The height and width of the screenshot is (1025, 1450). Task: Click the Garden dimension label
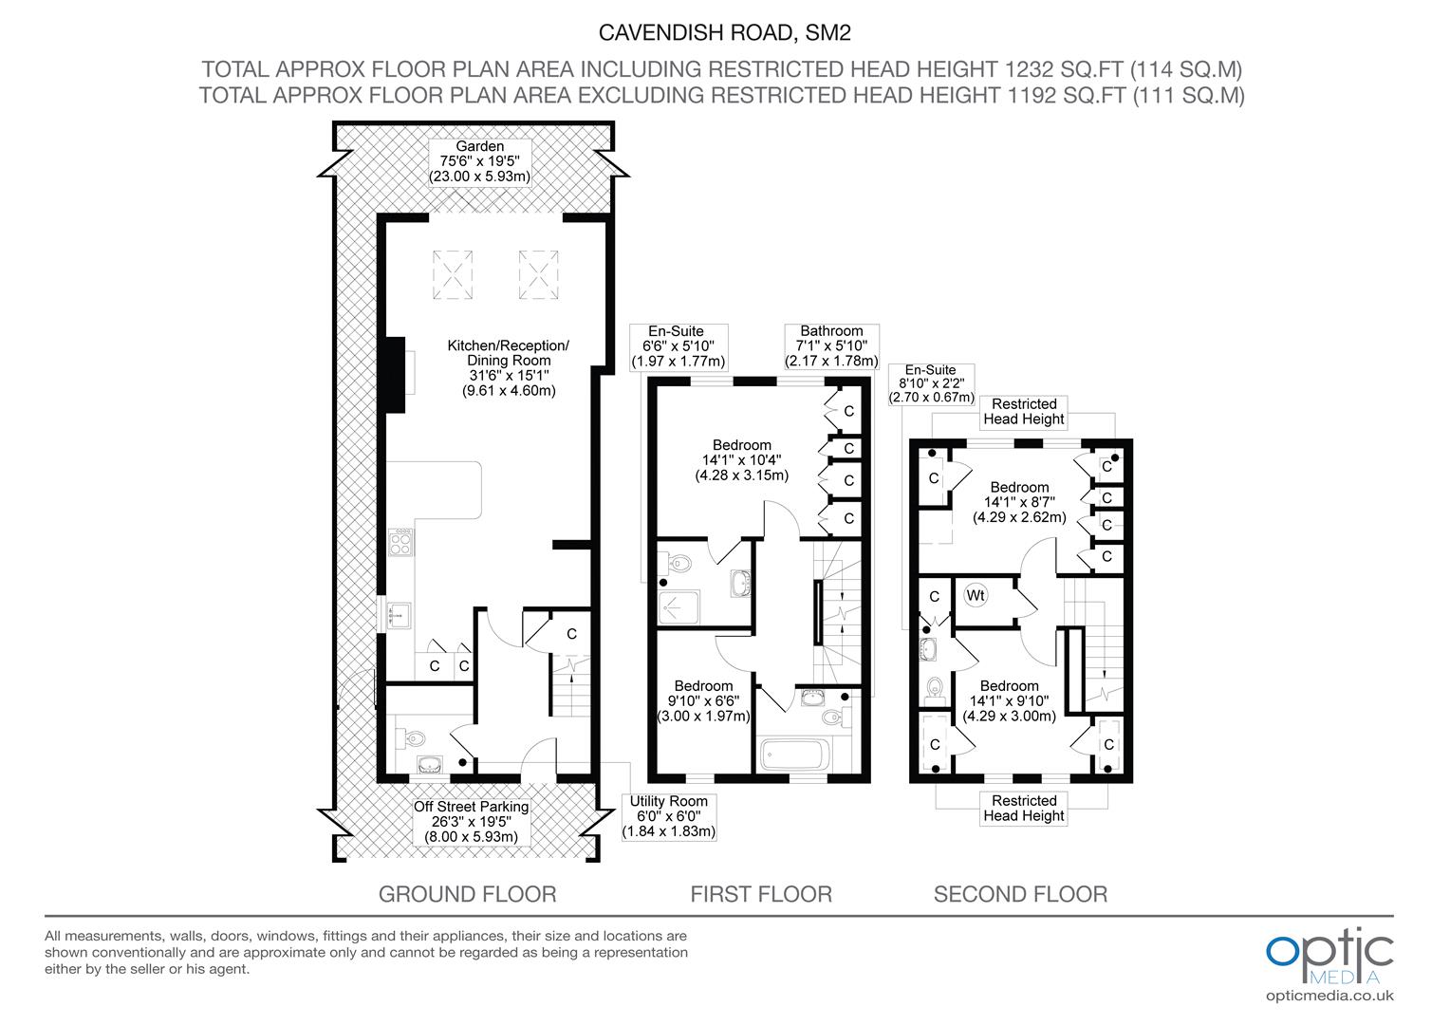tap(479, 162)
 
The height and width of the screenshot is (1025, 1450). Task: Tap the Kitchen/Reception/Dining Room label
tap(509, 368)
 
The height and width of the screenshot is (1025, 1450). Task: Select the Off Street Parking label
tap(472, 822)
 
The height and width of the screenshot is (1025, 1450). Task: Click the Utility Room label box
tap(669, 816)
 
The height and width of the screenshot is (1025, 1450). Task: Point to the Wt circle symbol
tap(976, 595)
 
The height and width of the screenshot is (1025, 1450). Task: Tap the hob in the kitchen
tap(400, 542)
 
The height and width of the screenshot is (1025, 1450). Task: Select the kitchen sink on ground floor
tap(399, 615)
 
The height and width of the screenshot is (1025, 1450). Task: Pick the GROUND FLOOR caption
tap(468, 894)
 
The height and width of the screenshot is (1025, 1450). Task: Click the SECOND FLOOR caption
tap(1020, 894)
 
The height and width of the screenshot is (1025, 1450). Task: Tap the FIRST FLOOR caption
tap(761, 894)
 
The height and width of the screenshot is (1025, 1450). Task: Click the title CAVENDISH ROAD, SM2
tap(724, 32)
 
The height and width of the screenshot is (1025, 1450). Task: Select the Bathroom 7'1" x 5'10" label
tap(832, 346)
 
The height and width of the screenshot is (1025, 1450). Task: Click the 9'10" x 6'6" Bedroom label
tap(703, 701)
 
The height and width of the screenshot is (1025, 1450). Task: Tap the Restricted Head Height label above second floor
tap(1023, 412)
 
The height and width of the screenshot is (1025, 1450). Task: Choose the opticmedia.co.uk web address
tap(1329, 996)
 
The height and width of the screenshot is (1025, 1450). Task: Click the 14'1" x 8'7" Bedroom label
tap(1019, 502)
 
